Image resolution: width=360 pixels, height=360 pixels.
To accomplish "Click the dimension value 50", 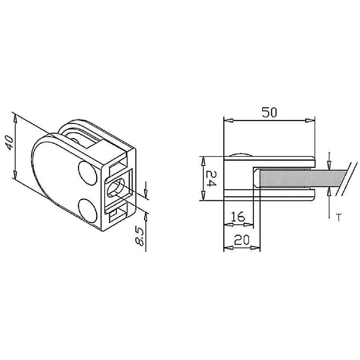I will click(x=270, y=112).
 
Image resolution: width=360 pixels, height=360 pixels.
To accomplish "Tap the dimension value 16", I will click(x=238, y=216).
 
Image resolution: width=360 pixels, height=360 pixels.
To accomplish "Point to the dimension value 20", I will click(x=242, y=240).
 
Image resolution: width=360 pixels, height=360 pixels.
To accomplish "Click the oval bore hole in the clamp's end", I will click(x=115, y=188).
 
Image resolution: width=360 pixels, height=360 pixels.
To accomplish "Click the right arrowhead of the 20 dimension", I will click(x=256, y=248).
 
